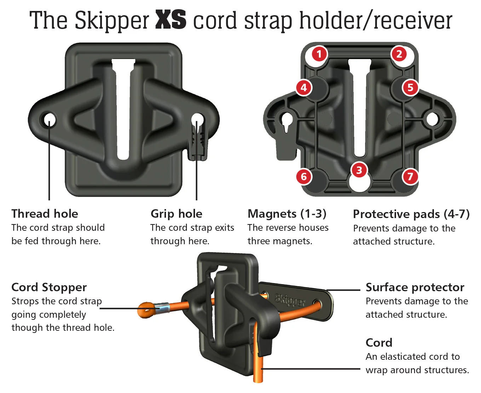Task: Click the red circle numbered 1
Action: pos(319,54)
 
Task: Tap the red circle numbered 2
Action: pos(399,54)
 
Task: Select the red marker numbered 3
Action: pos(359,170)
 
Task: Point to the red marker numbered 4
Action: pos(304,87)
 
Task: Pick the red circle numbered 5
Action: pos(410,87)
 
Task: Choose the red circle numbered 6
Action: pos(304,176)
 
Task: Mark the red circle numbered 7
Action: pos(410,176)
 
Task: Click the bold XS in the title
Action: pos(171,20)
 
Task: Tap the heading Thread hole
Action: pos(45,214)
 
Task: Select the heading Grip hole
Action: pos(176,214)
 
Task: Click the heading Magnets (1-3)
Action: pos(287,214)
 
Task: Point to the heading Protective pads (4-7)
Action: pos(411,214)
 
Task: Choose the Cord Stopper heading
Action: pos(49,287)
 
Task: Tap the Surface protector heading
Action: pos(415,287)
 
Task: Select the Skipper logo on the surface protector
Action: pos(290,300)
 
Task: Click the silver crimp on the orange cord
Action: pos(163,308)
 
